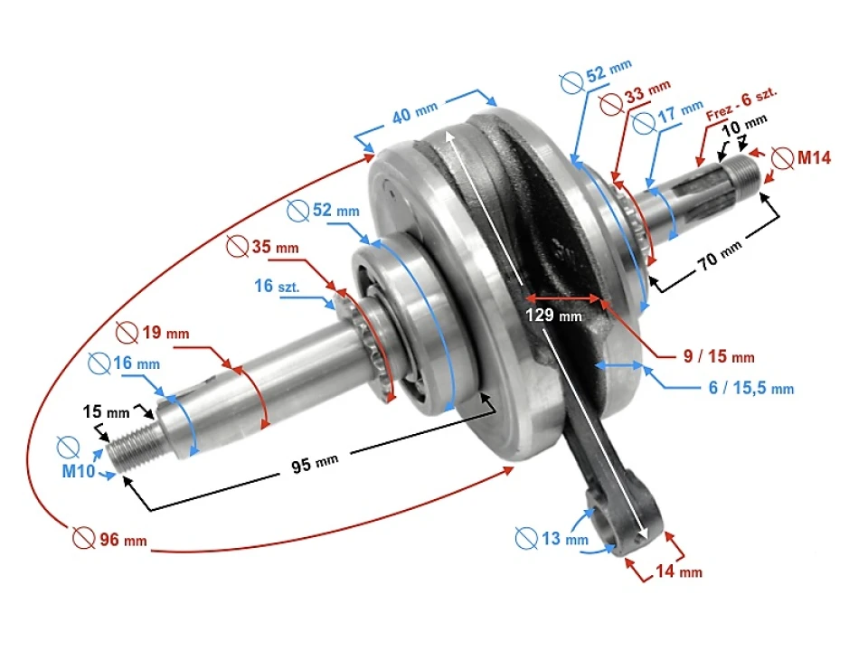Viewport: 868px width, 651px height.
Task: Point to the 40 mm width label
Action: pos(414,116)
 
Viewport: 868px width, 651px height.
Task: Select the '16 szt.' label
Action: pos(277,286)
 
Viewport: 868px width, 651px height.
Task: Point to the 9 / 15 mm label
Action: pos(719,356)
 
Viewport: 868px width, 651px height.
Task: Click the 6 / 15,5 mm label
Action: pos(751,388)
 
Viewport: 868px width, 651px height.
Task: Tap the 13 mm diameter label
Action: pos(552,539)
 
